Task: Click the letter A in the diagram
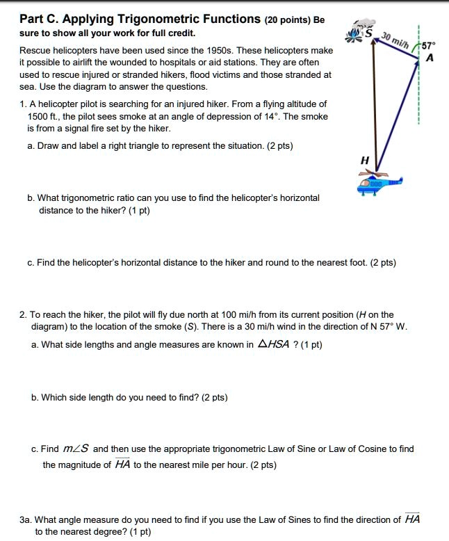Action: pos(430,58)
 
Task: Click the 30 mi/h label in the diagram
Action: pos(396,41)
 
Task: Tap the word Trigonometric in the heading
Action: pos(155,19)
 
